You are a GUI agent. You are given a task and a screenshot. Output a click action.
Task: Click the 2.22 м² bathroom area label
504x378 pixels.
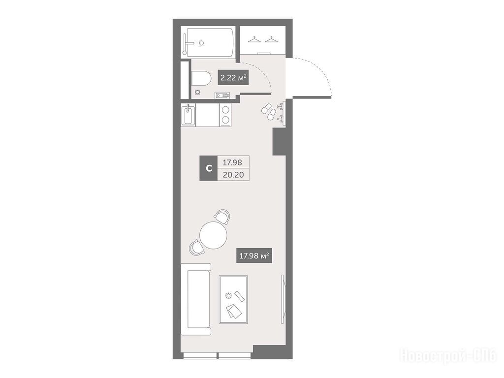tap(233, 77)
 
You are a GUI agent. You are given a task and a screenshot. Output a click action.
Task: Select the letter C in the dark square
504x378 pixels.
tap(209, 168)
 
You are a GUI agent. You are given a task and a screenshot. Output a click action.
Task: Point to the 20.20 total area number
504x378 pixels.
tap(233, 175)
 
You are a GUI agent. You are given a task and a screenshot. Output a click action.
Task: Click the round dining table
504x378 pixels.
tap(213, 235)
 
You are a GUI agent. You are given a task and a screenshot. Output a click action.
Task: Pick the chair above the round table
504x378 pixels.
tap(222, 217)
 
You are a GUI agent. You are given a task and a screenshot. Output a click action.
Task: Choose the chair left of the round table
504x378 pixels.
tap(197, 248)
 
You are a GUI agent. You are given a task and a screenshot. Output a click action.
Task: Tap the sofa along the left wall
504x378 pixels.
tap(196, 299)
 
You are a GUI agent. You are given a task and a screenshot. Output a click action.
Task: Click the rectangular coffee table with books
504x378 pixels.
tap(233, 299)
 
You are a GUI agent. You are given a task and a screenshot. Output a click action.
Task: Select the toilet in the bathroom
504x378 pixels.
tap(201, 78)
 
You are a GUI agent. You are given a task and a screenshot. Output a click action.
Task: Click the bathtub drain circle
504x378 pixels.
tap(201, 43)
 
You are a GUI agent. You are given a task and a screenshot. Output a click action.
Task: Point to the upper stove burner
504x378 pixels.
tap(225, 110)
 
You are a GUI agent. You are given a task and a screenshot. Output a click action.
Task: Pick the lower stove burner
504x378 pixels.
tap(225, 121)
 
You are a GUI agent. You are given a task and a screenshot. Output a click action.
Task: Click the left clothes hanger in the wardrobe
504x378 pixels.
tap(254, 39)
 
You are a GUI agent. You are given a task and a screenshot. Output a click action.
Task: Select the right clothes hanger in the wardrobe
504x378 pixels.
tap(271, 39)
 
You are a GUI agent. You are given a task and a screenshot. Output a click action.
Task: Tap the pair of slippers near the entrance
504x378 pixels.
tap(269, 111)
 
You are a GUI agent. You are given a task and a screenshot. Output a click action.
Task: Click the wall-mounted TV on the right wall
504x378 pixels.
tap(283, 299)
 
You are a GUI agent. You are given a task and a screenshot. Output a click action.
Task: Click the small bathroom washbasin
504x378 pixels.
tap(222, 95)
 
